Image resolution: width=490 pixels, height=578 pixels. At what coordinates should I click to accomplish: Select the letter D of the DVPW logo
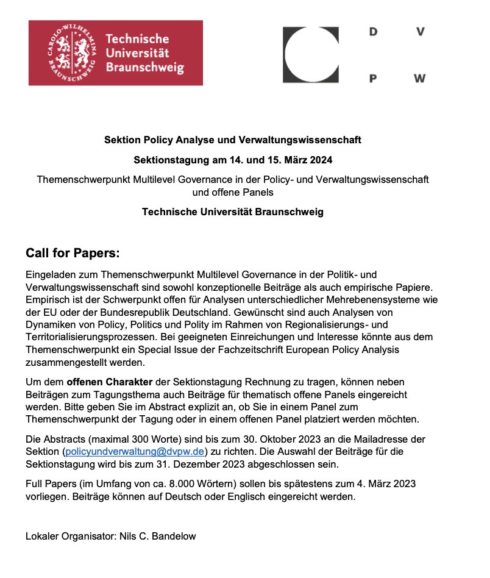click(374, 32)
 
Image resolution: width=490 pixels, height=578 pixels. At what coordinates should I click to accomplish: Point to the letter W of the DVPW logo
click(419, 79)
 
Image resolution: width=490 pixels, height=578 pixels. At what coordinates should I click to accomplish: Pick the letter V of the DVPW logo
click(420, 32)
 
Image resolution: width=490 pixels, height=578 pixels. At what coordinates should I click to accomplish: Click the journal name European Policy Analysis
click(343, 349)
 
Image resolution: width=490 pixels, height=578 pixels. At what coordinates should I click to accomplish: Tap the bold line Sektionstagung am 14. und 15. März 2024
click(233, 160)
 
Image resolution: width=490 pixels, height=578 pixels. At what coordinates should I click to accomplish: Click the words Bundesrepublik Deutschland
click(135, 313)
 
